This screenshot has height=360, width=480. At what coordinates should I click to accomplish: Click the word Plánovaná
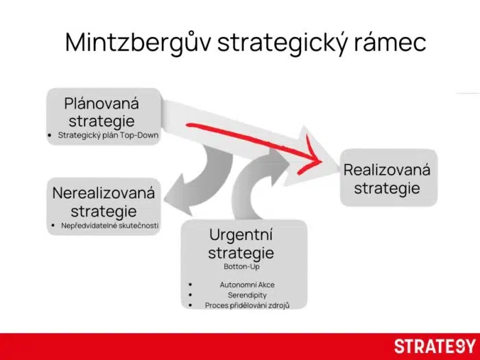(101, 104)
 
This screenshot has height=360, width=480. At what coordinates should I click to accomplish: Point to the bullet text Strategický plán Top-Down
(108, 135)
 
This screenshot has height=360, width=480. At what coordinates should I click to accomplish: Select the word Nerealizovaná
(104, 193)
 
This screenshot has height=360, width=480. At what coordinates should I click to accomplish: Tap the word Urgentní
(241, 235)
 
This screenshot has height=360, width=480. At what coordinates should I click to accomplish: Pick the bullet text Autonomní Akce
(248, 284)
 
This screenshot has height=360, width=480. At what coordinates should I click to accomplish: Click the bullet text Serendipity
(248, 295)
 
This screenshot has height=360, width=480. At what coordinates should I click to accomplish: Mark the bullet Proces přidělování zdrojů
(248, 305)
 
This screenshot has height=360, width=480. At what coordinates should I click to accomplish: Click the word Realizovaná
(387, 169)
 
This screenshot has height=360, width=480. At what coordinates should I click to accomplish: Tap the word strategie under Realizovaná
(387, 188)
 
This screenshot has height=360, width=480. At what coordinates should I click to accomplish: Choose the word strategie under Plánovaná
(101, 121)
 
